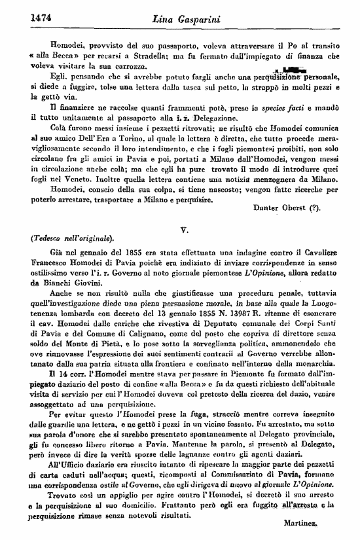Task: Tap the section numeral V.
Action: pyautogui.click(x=184, y=230)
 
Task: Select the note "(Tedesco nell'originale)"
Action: pyautogui.click(x=63, y=238)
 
